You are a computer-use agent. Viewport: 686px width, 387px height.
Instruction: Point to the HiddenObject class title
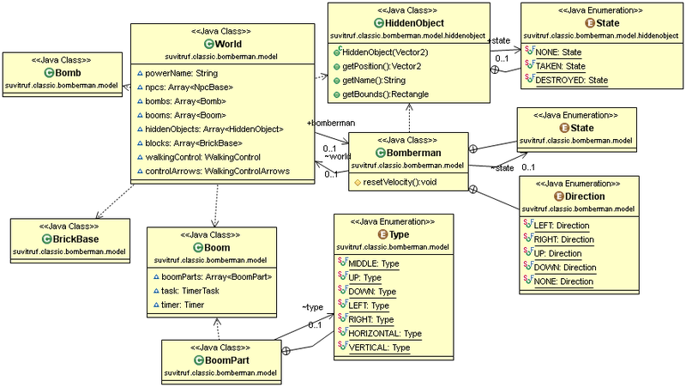pos(414,21)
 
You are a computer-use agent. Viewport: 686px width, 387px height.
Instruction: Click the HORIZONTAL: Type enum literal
pos(385,333)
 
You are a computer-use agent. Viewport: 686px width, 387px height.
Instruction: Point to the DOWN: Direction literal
pos(564,267)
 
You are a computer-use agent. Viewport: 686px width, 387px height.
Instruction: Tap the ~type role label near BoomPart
pos(312,306)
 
